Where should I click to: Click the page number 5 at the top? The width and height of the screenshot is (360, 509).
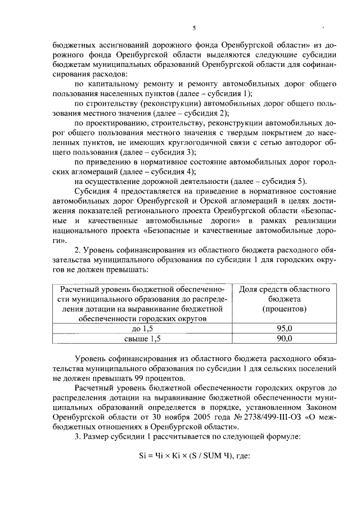click(193, 28)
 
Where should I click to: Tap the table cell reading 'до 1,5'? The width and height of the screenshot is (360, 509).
click(142, 328)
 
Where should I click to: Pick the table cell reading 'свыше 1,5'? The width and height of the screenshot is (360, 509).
click(142, 338)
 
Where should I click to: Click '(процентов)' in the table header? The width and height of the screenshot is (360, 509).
click(283, 309)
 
